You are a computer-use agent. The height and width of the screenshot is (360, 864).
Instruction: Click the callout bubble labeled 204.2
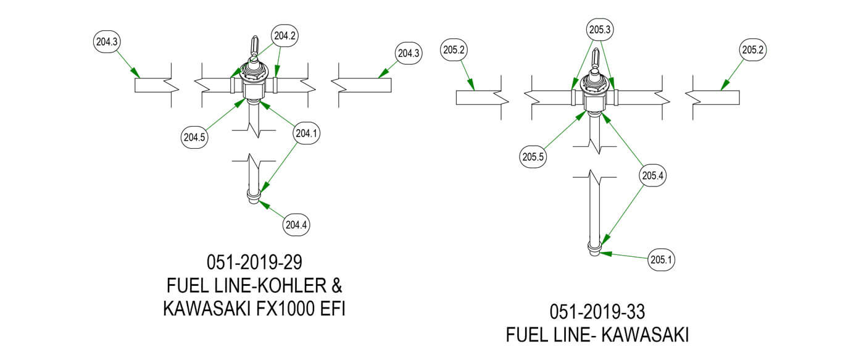click(286, 36)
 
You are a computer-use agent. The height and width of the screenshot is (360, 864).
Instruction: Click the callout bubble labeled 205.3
click(600, 29)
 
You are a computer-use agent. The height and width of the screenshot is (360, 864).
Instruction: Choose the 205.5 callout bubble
click(533, 157)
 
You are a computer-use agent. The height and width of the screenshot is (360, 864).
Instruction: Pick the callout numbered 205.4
click(652, 176)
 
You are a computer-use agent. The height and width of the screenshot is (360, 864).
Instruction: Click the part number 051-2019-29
click(254, 262)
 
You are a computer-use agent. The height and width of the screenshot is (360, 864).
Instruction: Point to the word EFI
click(329, 309)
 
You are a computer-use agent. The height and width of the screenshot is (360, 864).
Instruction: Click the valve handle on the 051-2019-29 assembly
click(253, 46)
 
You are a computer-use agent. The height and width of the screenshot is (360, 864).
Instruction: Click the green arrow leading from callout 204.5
click(223, 117)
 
